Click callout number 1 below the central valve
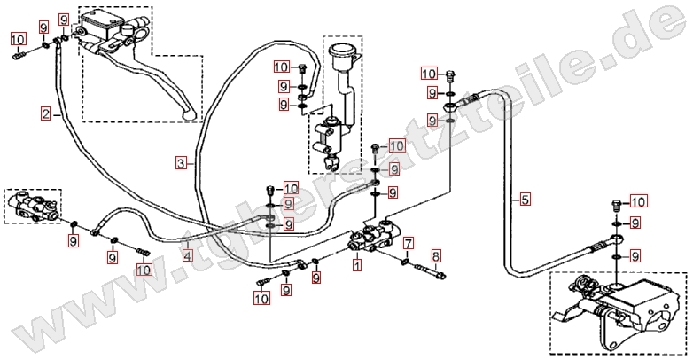tap(356, 264)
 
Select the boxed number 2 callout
tap(44, 113)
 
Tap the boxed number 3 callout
tap(181, 163)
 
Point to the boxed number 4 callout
tap(188, 255)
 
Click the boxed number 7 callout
tap(409, 243)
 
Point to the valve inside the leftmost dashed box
tap(34, 206)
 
